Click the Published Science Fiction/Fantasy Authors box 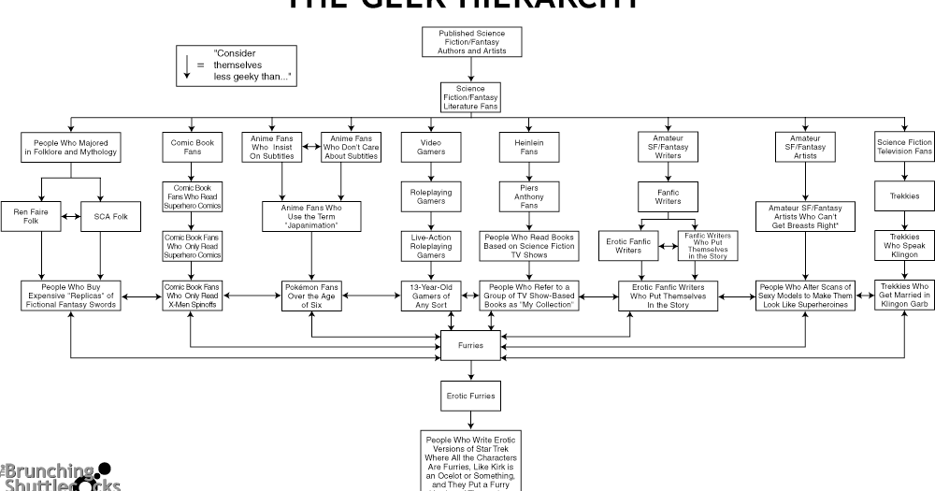(470, 43)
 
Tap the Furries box (470, 345)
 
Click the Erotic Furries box (470, 397)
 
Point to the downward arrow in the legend (187, 66)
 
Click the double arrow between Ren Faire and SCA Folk (69, 217)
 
